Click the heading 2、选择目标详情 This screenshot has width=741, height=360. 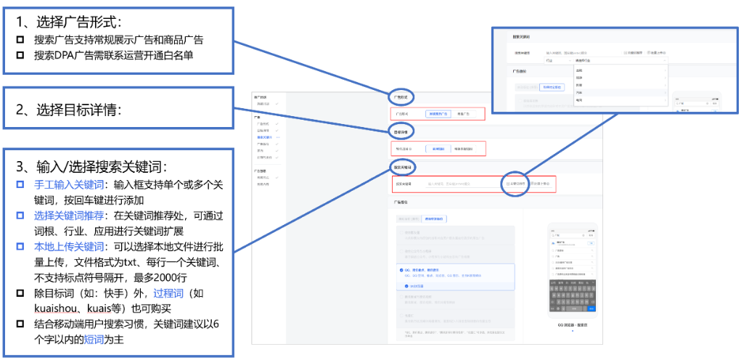[x=68, y=110]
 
